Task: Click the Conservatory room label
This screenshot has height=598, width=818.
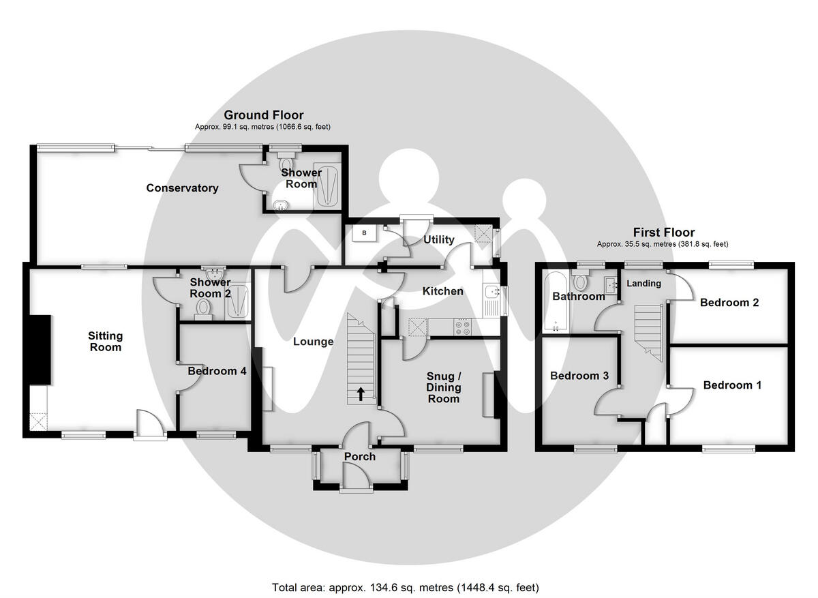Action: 182,188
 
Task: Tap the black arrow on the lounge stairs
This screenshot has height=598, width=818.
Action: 361,393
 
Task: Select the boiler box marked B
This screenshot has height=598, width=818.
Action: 364,233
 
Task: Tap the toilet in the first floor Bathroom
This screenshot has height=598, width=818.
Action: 581,281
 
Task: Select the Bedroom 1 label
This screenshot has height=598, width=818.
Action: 732,385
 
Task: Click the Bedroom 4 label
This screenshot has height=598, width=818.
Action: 217,372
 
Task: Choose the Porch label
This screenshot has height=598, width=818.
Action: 359,456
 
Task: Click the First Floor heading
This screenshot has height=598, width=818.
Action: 663,233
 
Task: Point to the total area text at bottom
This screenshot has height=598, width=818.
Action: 406,587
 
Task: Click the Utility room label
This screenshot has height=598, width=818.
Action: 438,240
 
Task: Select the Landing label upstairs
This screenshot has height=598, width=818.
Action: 643,283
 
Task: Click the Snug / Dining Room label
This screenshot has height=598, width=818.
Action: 444,387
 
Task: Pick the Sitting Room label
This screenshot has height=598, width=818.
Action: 105,341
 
